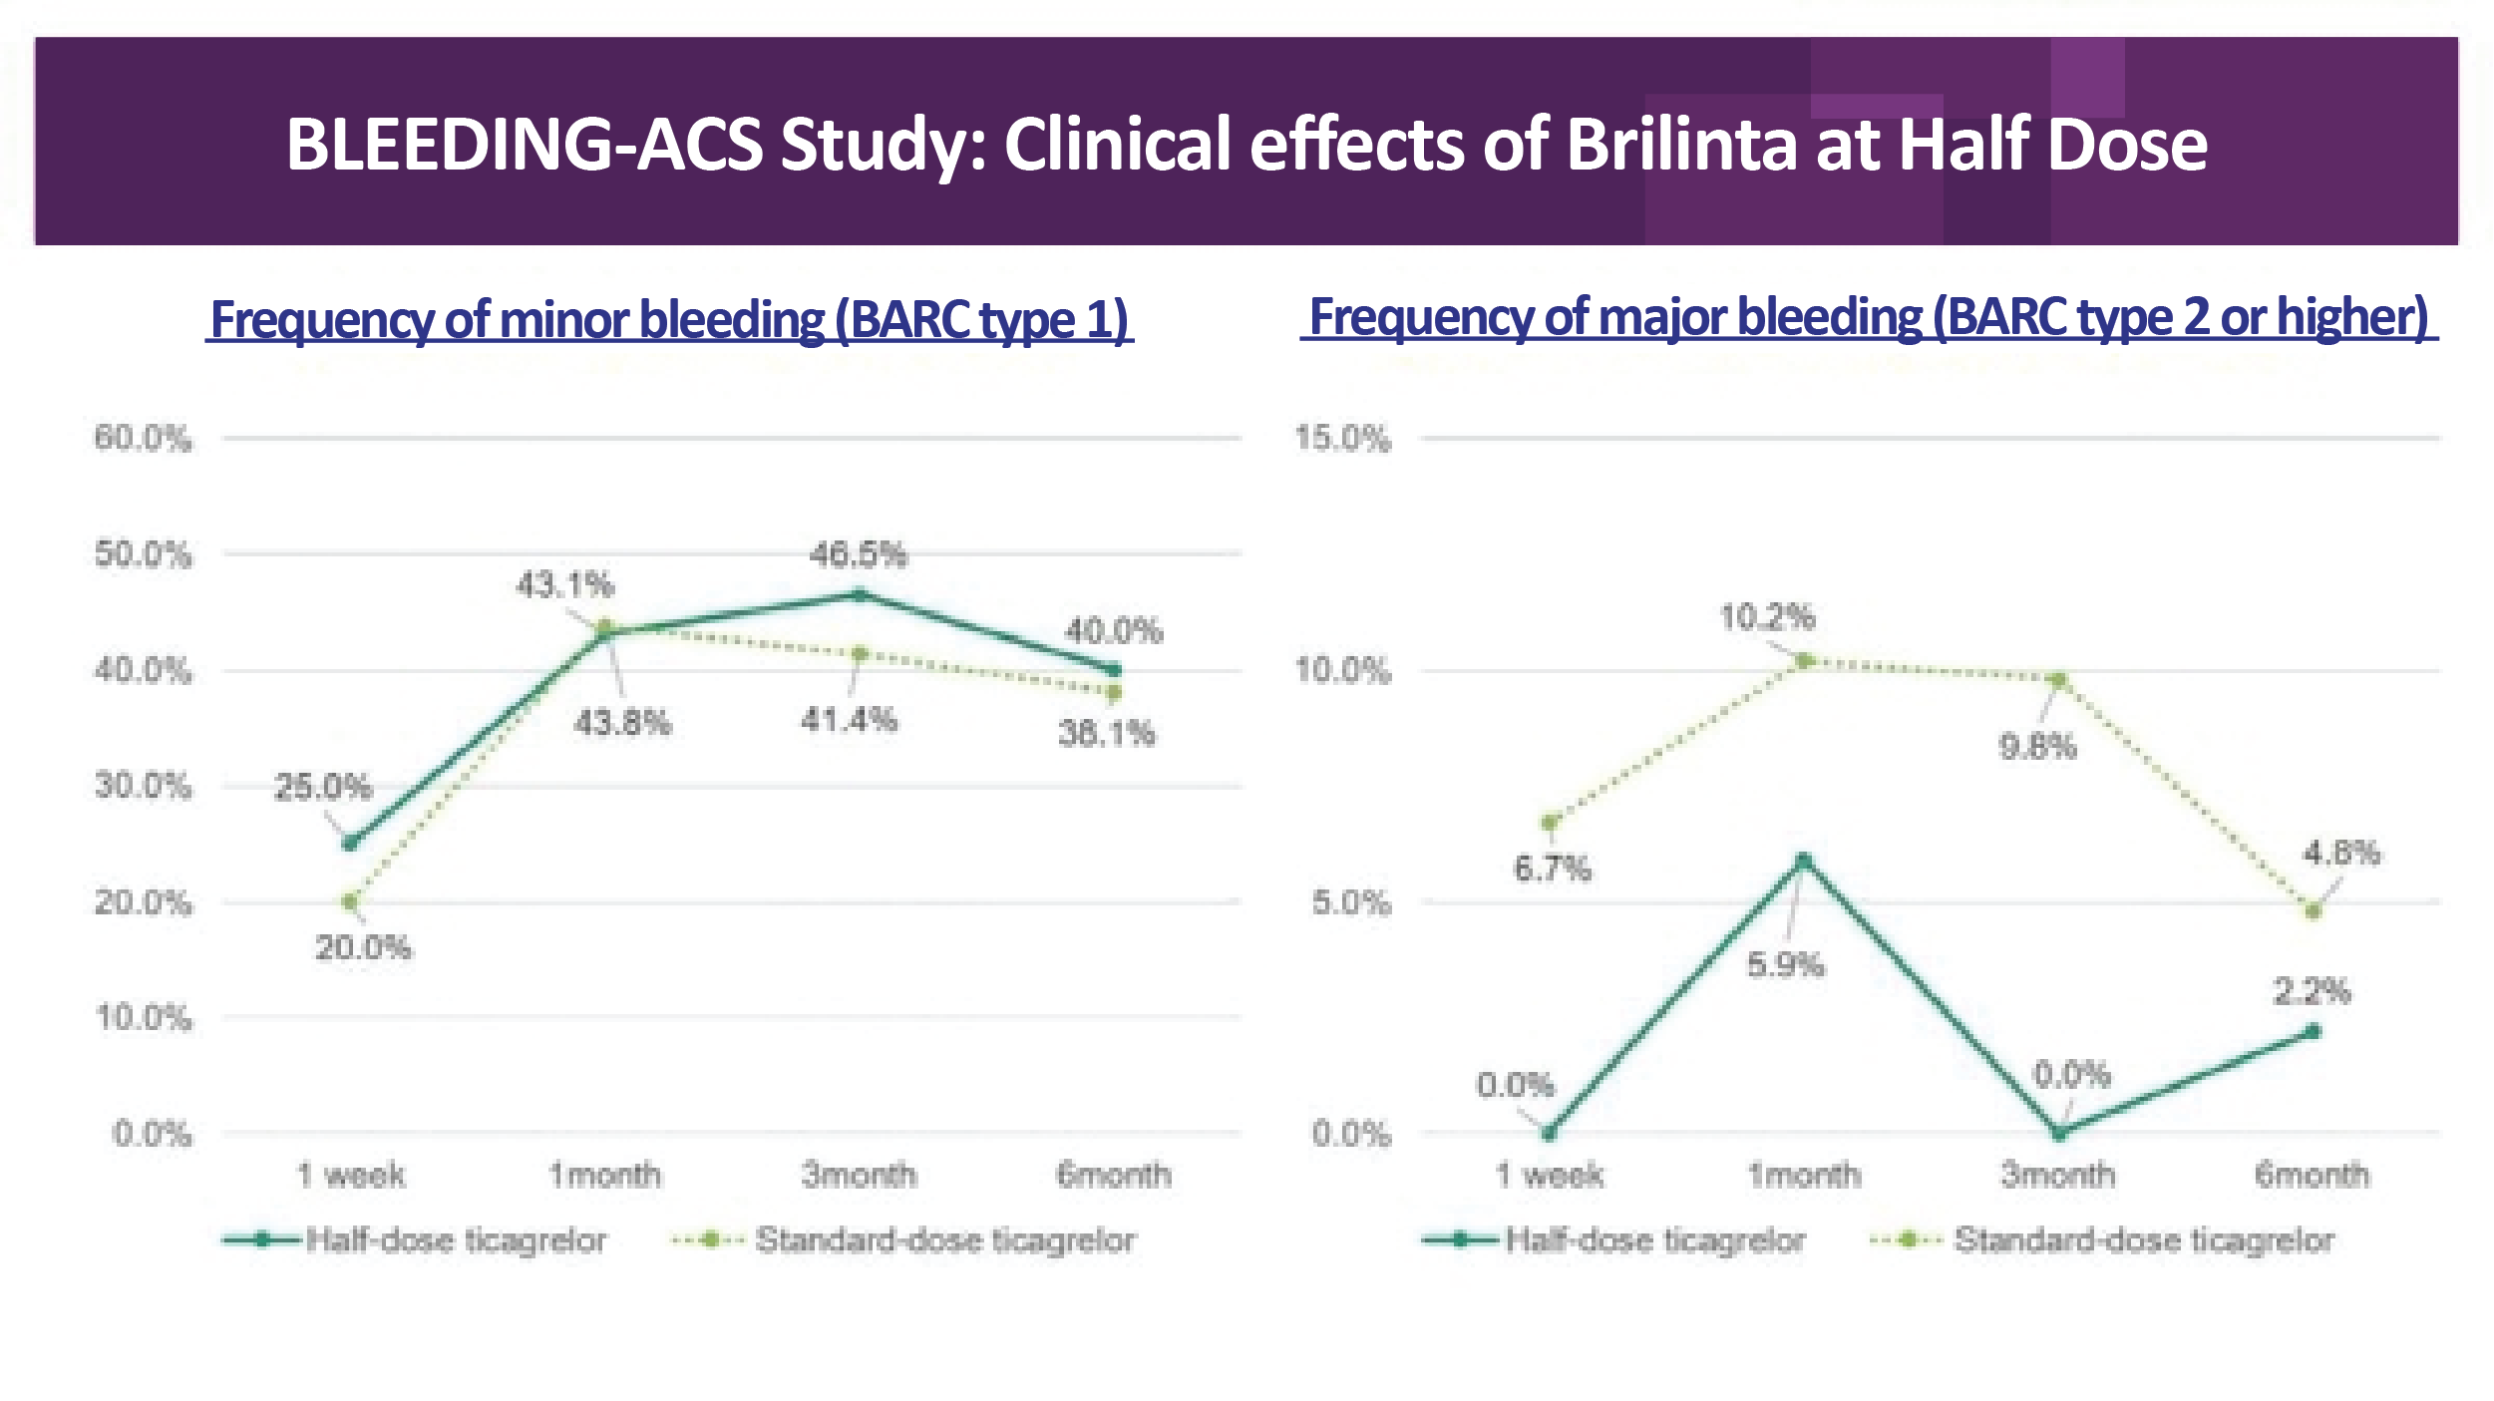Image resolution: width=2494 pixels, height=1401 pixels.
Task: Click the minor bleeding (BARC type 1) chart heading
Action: [669, 320]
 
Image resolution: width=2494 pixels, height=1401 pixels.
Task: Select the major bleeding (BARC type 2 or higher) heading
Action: [1869, 317]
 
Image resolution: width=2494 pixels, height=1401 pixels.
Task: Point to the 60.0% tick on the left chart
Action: [143, 438]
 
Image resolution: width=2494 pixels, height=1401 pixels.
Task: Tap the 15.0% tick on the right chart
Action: [1342, 439]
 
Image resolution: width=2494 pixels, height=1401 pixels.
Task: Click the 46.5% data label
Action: [859, 554]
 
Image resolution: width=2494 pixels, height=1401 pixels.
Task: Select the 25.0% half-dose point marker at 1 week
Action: [350, 843]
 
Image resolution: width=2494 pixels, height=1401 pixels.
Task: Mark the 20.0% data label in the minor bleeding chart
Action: [363, 947]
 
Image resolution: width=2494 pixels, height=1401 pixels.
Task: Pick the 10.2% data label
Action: [1767, 617]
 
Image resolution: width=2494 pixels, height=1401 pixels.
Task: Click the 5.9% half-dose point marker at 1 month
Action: [1804, 861]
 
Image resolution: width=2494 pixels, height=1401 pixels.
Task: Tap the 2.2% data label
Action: [2312, 991]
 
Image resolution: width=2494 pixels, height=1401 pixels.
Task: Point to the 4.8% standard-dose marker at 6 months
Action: [2314, 910]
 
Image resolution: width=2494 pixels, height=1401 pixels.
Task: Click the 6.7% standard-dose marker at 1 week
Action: [1550, 823]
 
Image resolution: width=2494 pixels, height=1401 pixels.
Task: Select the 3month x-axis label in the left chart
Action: [859, 1175]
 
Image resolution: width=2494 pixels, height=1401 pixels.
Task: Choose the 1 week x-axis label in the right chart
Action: [1550, 1175]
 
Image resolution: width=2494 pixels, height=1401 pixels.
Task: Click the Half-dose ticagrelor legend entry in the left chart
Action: [455, 1240]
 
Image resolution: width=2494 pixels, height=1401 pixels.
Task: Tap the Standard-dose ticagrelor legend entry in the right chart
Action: [2144, 1240]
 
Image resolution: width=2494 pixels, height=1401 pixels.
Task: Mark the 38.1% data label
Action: [1106, 734]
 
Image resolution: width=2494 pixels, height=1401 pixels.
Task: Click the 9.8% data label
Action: [2037, 746]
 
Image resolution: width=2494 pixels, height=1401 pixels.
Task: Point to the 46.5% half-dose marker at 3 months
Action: [860, 595]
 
